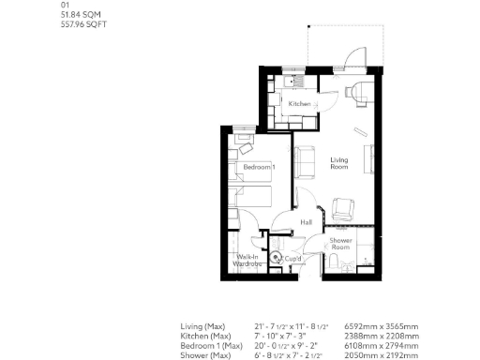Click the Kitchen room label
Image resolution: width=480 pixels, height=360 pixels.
pos(300,103)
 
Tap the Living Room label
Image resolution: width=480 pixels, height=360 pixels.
pos(339,162)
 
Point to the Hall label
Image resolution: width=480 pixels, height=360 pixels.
pos(306,222)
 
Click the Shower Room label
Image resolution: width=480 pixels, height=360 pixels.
pos(340,245)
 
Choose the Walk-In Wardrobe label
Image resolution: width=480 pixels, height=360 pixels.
pos(247,261)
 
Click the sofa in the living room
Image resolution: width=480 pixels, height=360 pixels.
pos(306,162)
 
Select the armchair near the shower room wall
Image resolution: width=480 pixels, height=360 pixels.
pos(343,209)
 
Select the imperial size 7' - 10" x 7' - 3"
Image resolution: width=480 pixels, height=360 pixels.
pos(282,335)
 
